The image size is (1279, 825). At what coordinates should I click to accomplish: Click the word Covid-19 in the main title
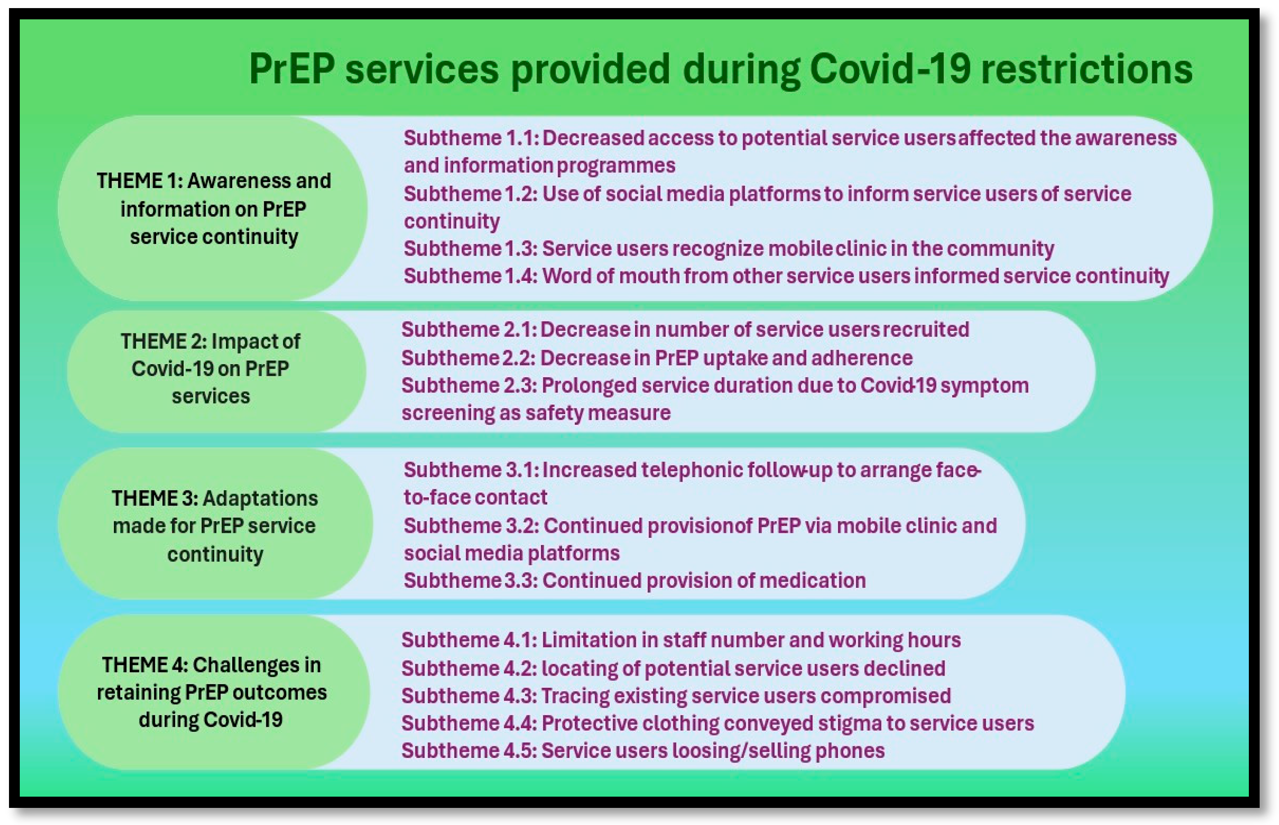point(889,70)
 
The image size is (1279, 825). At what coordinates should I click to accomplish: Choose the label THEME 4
point(144,665)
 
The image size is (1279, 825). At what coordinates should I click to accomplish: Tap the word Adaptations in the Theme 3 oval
point(260,499)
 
